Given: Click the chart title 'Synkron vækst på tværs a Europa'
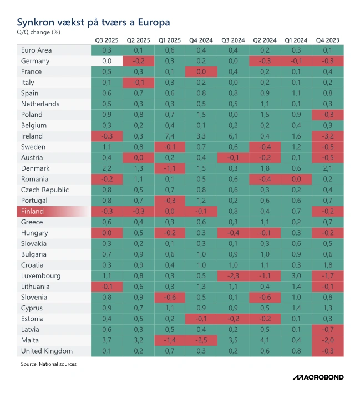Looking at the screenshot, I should (x=93, y=22).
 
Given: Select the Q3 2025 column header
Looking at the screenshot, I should (x=107, y=40).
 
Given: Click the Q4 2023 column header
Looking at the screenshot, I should (x=328, y=40).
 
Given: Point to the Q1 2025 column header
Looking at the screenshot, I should (x=170, y=40).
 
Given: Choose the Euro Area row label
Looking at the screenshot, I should (x=37, y=50).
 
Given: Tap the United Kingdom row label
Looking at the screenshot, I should (x=46, y=351).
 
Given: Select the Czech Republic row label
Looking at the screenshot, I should (x=45, y=190).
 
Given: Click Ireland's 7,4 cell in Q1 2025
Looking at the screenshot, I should (x=170, y=136).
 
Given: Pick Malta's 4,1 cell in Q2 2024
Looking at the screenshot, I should (x=265, y=340).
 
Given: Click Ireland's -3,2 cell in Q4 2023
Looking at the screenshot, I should (x=328, y=136).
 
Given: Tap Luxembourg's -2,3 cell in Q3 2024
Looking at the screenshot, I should (x=233, y=275).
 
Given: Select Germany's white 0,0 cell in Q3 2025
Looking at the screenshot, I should (x=107, y=61).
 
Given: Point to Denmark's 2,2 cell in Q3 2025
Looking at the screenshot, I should (x=107, y=168).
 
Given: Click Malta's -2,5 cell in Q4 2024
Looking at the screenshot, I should (x=201, y=340).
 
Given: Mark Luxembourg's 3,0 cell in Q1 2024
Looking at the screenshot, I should (x=296, y=275).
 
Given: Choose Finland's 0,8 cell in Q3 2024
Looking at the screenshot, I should (x=233, y=211).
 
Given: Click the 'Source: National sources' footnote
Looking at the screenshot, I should (x=49, y=364).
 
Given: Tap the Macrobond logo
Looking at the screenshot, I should (x=318, y=377).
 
